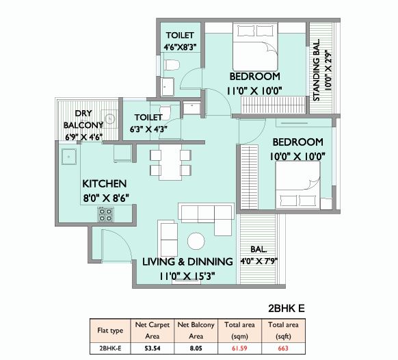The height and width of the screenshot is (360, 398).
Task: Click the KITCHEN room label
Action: coord(105,183)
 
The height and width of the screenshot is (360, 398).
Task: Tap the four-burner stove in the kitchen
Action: coord(105,215)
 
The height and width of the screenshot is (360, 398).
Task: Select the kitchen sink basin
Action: coord(69,157)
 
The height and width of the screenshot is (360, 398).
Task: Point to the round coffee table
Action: coord(196,241)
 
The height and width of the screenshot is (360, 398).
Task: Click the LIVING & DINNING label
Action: coord(187,261)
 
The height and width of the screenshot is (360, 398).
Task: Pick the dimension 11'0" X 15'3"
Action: coord(187,276)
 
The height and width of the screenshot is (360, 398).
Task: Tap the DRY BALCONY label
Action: coord(83,119)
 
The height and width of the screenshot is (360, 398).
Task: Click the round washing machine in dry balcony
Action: coord(109,118)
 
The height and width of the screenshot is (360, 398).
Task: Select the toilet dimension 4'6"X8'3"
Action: coord(181,47)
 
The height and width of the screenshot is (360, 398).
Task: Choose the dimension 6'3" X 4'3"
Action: coord(148,129)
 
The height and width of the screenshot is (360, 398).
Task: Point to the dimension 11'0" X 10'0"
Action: coord(254,91)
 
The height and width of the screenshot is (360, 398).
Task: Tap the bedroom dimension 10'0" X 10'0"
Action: coord(297,156)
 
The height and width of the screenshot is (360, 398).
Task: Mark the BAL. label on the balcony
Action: coord(258,249)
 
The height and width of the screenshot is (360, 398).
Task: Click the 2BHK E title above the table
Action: coord(287,308)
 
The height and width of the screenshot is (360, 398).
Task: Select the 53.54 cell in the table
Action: coord(152,348)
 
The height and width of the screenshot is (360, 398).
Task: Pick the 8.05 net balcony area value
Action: coord(196,348)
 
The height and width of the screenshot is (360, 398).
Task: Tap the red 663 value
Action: coord(283,348)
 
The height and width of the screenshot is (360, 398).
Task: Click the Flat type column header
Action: coord(110,331)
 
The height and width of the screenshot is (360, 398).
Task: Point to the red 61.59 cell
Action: coord(239,348)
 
